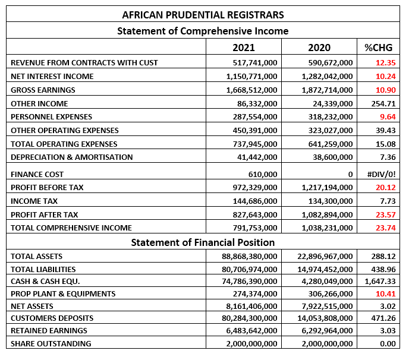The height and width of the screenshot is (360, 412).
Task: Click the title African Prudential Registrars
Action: (x=203, y=15)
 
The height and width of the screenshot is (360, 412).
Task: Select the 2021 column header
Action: (x=244, y=48)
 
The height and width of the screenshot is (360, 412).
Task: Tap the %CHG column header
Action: (x=378, y=48)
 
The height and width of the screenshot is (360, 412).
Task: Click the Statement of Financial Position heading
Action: (x=203, y=242)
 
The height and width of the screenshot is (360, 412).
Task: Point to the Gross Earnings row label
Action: (x=43, y=90)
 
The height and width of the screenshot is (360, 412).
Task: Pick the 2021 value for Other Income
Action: (x=257, y=104)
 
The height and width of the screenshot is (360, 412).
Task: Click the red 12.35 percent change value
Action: (x=385, y=63)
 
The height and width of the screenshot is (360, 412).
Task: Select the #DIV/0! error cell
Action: (x=381, y=174)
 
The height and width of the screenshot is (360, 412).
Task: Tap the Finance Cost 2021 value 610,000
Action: (x=263, y=174)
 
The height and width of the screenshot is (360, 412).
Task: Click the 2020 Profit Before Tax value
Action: (x=327, y=188)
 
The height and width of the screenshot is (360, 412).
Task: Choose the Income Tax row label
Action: (x=34, y=201)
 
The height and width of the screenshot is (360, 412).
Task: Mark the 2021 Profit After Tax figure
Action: (x=255, y=215)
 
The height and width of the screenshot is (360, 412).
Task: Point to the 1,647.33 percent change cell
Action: (x=380, y=282)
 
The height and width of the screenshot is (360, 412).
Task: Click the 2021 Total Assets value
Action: (x=249, y=256)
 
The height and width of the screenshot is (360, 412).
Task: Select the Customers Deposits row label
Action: (x=52, y=318)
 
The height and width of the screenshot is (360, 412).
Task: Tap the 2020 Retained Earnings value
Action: (x=327, y=330)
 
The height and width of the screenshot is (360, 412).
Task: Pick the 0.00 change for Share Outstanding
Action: (x=388, y=344)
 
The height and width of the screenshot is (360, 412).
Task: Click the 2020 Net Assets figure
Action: (x=327, y=307)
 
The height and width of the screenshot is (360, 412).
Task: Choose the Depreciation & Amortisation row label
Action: (x=72, y=157)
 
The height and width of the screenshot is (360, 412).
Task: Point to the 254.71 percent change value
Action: (x=383, y=104)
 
